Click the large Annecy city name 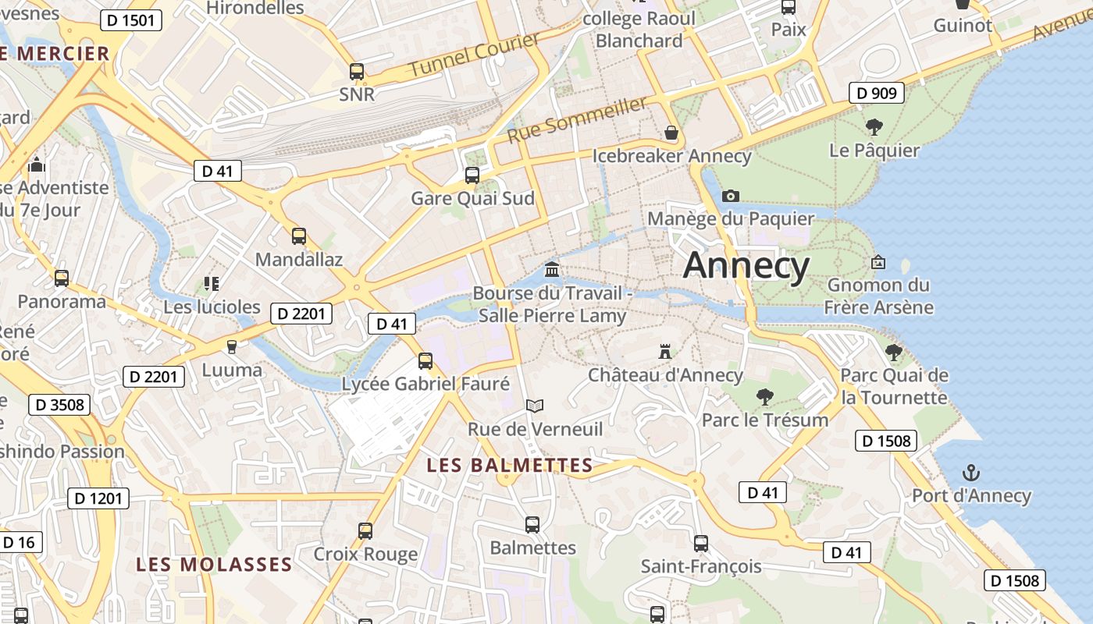[x=746, y=266]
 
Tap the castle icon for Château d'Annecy [x=665, y=351]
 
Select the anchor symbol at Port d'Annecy [x=971, y=472]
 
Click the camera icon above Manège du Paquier [x=731, y=196]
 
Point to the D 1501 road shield [x=131, y=20]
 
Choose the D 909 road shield [x=877, y=94]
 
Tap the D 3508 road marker [x=59, y=405]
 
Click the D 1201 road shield [x=98, y=498]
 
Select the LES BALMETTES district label [x=510, y=466]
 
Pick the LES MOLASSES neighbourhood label [x=214, y=564]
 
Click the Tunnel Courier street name [x=475, y=55]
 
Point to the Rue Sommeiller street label [x=578, y=119]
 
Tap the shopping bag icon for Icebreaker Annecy [x=671, y=133]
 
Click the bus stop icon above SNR [x=357, y=72]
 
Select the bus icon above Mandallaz [x=298, y=236]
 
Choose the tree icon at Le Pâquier [x=874, y=126]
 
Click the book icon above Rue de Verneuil [x=535, y=406]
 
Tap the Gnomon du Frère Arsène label [x=878, y=296]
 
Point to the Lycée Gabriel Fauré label [x=425, y=384]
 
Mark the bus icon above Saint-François [x=701, y=543]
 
